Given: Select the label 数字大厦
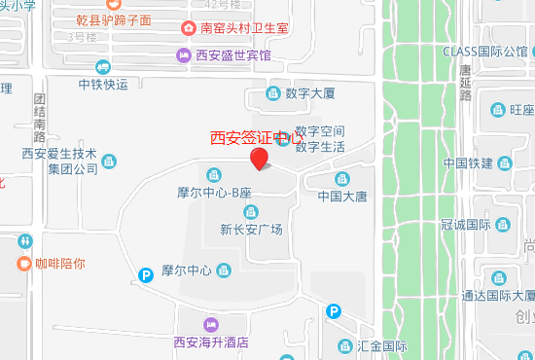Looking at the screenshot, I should tap(310, 94).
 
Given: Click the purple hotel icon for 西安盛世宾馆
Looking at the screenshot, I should tap(183, 54).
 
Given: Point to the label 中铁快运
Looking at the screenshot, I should tap(103, 84).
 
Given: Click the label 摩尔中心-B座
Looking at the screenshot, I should tap(215, 194).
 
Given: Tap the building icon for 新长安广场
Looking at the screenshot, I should tap(251, 212).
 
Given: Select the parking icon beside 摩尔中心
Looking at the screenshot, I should tap(145, 275).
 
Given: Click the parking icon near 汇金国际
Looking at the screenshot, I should tap(334, 311).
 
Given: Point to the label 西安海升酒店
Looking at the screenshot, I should tap(211, 342).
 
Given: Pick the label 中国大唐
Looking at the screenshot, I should tap(342, 196).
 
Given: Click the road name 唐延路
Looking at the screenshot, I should tap(465, 83).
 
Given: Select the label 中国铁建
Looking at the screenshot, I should tap(468, 162).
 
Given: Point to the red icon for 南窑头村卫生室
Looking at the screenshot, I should tap(187, 28).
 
